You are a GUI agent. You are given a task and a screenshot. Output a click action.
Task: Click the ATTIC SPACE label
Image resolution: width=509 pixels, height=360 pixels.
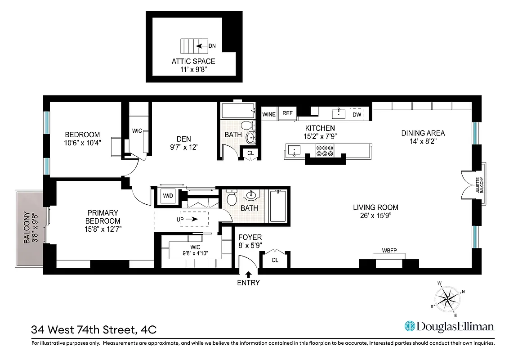(193, 61)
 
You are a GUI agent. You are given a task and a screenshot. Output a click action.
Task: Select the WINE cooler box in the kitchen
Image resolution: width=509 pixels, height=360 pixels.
(269, 114)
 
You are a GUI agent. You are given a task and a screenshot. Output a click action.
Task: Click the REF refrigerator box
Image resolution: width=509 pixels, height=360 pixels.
(287, 114)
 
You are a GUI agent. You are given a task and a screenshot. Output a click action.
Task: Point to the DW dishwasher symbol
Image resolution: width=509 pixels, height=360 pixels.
(357, 115)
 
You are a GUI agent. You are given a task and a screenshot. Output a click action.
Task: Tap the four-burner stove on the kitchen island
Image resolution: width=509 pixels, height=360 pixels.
(325, 150)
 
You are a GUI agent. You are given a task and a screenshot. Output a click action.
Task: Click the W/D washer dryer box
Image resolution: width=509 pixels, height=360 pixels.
(168, 196)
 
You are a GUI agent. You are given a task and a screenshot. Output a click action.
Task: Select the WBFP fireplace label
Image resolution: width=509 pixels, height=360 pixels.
(389, 250)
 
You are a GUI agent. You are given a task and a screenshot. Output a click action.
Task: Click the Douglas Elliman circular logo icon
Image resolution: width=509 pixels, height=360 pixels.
(409, 326)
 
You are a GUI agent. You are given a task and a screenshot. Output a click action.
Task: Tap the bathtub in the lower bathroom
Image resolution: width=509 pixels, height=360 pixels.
(277, 207)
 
